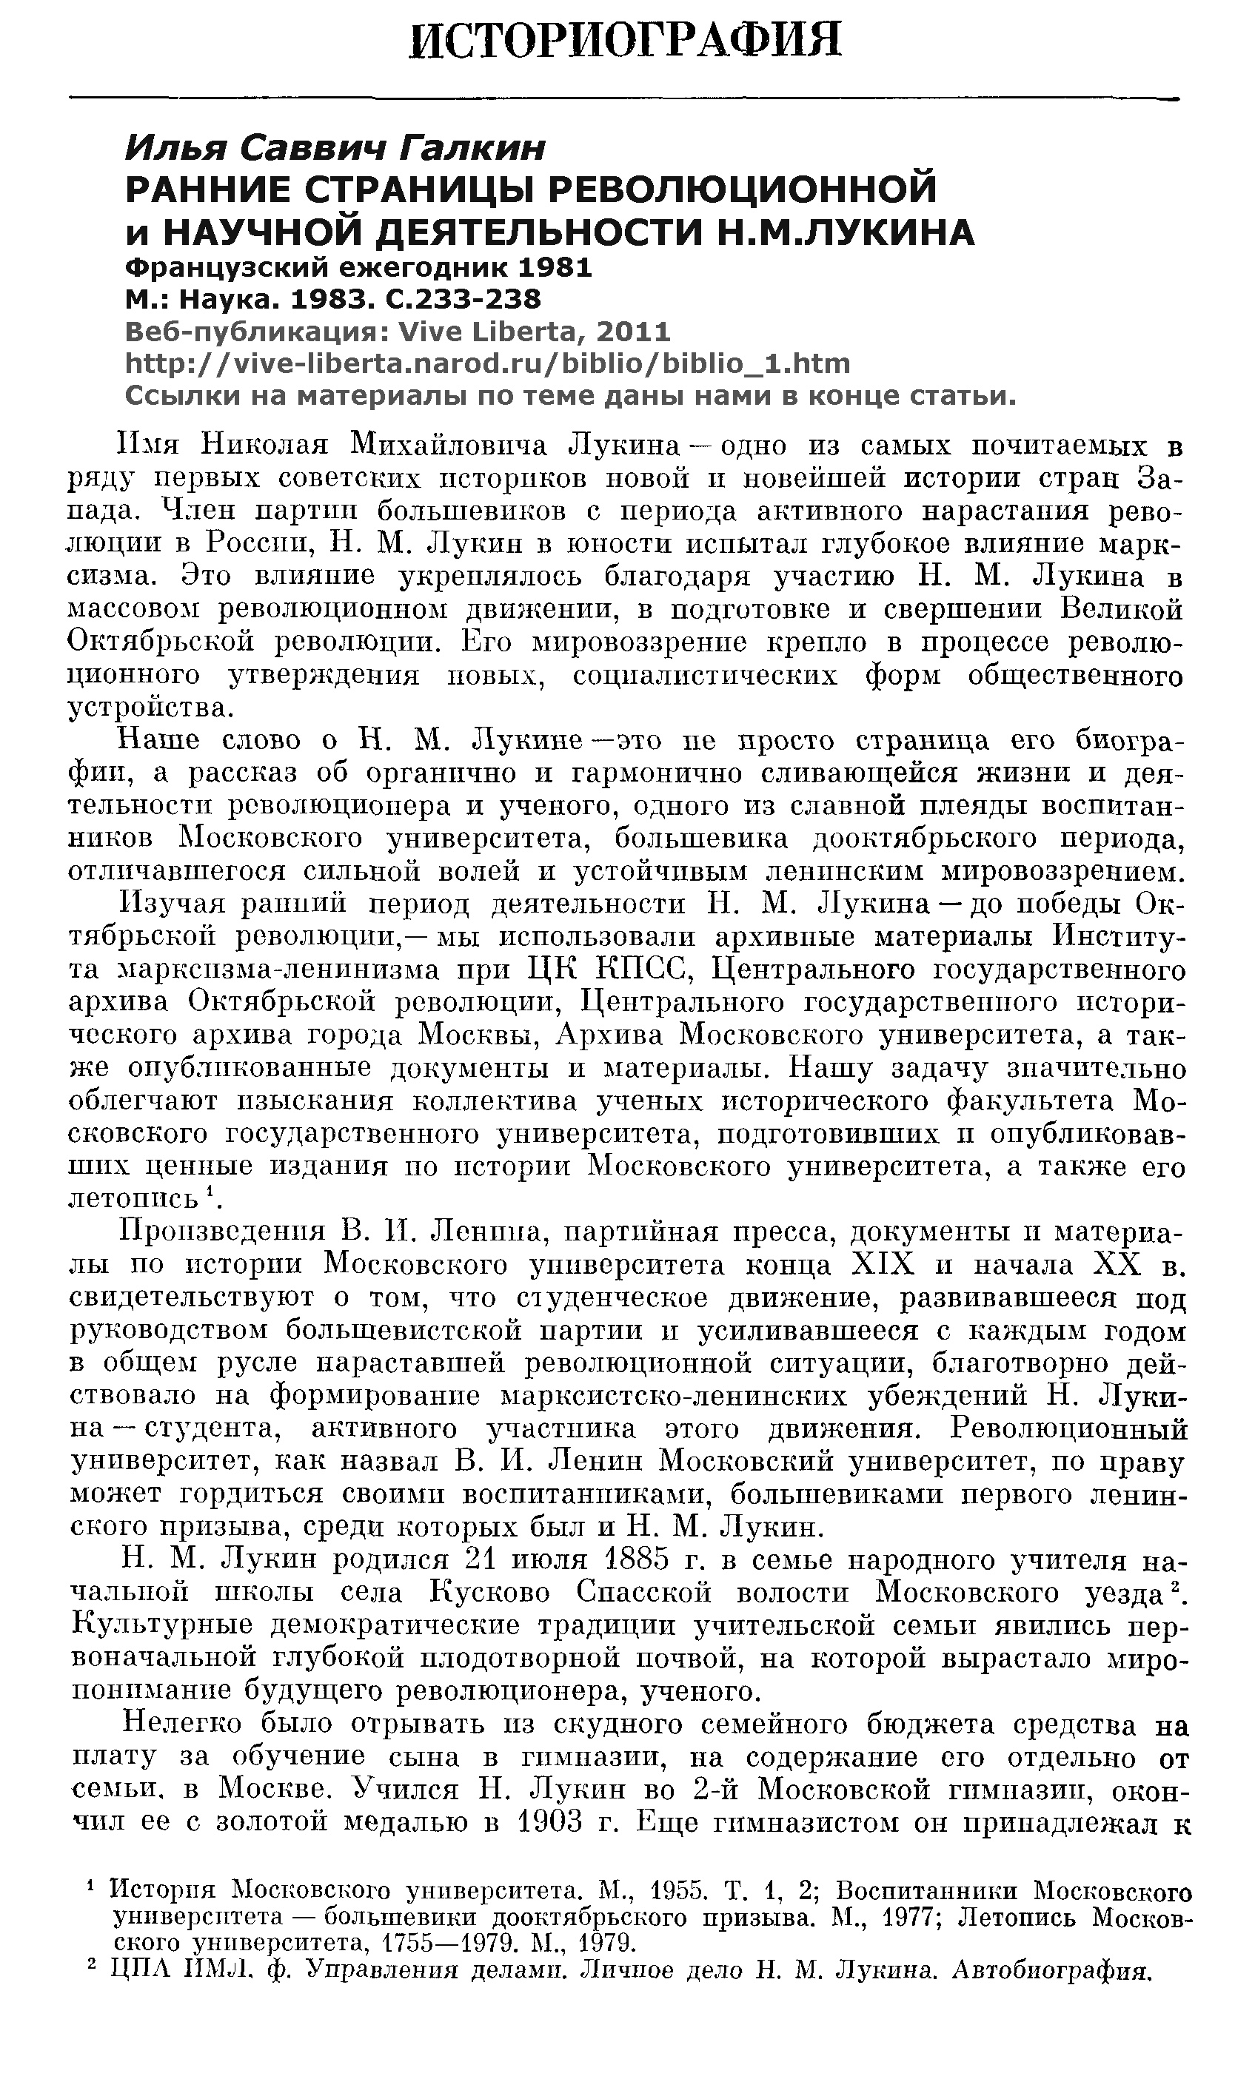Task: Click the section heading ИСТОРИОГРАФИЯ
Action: tap(626, 40)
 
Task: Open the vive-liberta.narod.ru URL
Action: tap(487, 363)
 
